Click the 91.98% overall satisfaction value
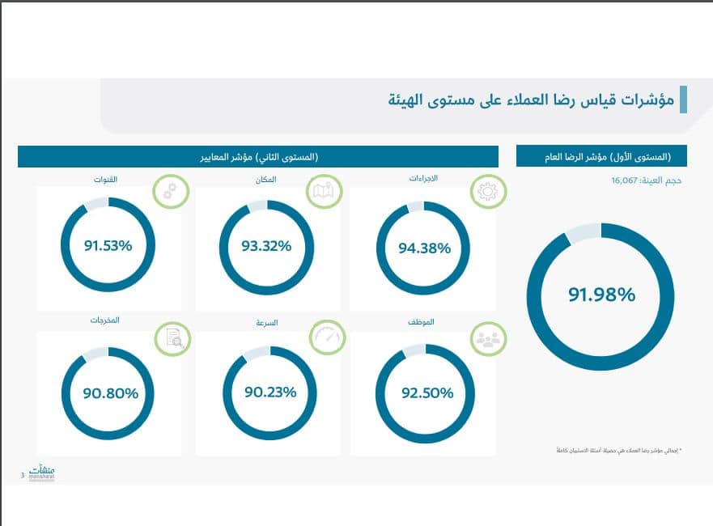click(601, 295)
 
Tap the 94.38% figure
click(424, 248)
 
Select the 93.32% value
click(266, 246)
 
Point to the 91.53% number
click(108, 246)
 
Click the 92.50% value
click(424, 393)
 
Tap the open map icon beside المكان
click(324, 192)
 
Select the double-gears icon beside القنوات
click(170, 191)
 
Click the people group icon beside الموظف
click(489, 338)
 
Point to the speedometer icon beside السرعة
click(327, 337)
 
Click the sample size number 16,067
click(626, 180)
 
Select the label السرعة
click(267, 322)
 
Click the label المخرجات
click(104, 320)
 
